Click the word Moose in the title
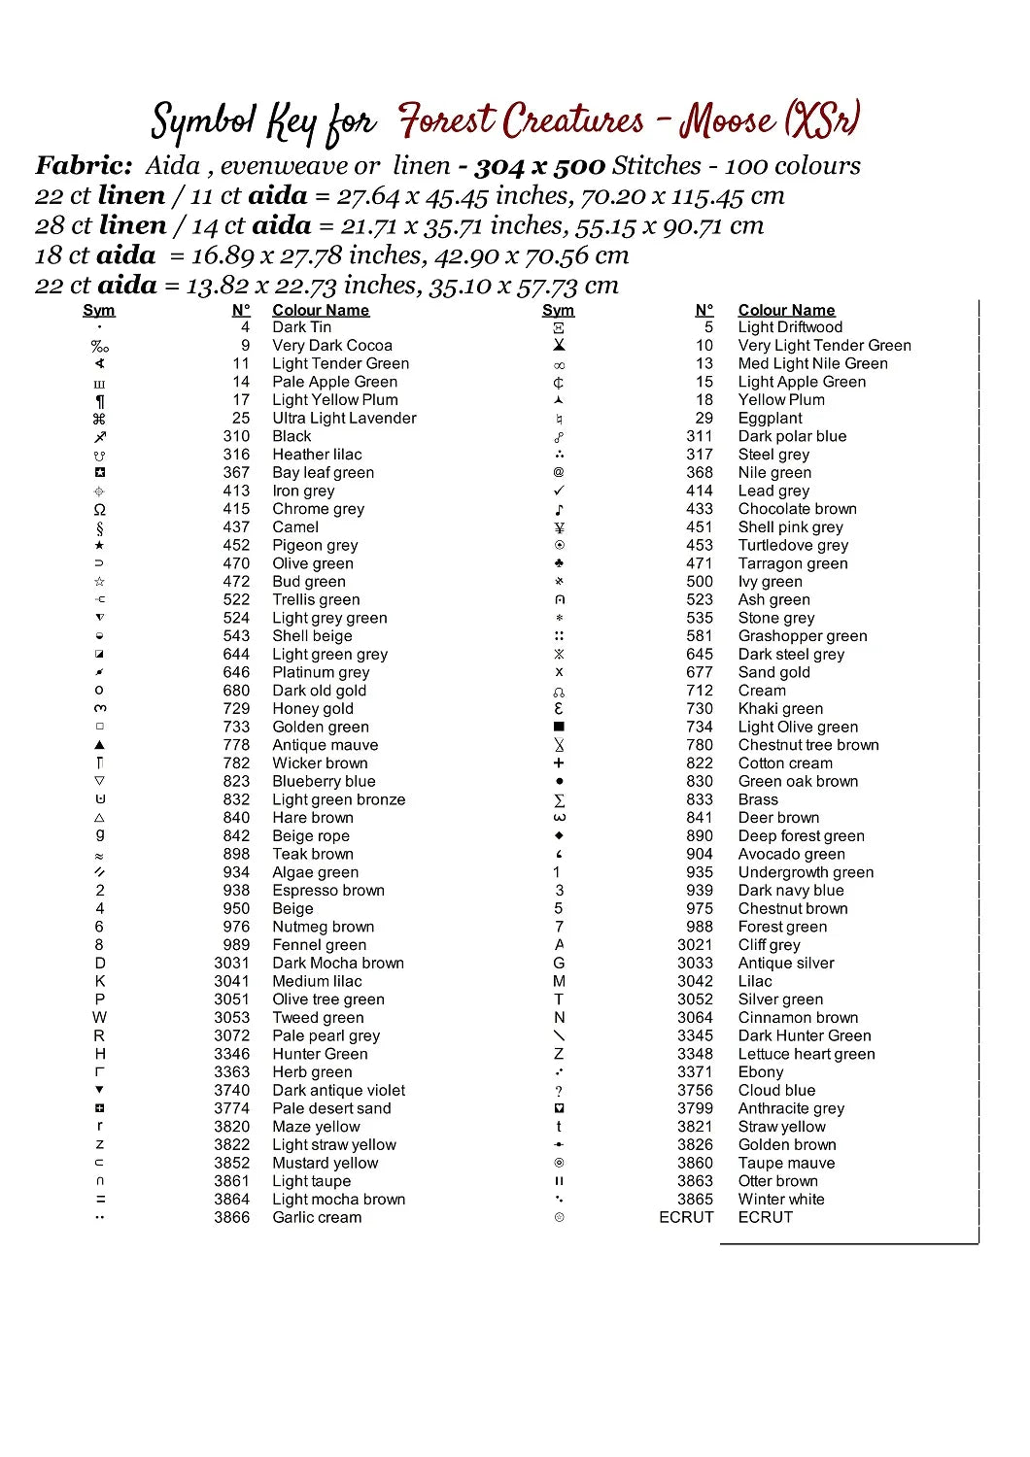pyautogui.click(x=727, y=121)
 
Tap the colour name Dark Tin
pyautogui.click(x=301, y=327)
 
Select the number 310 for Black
pyautogui.click(x=236, y=436)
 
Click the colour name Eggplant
pyautogui.click(x=770, y=418)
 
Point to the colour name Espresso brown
pyautogui.click(x=327, y=891)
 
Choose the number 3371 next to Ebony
pyautogui.click(x=695, y=1072)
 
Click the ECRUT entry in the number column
pyautogui.click(x=686, y=1217)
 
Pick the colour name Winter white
pyautogui.click(x=780, y=1200)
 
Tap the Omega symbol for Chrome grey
pyautogui.click(x=99, y=509)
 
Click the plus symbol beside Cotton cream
pyautogui.click(x=559, y=763)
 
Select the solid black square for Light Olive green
pyautogui.click(x=559, y=727)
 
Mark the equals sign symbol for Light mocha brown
pyautogui.click(x=100, y=1200)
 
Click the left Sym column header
pyautogui.click(x=99, y=310)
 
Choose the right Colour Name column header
pyautogui.click(x=786, y=310)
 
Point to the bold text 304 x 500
pyautogui.click(x=539, y=166)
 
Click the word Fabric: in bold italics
pyautogui.click(x=84, y=166)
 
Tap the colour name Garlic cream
pyautogui.click(x=317, y=1218)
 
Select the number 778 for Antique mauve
pyautogui.click(x=236, y=745)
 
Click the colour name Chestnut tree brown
pyautogui.click(x=807, y=745)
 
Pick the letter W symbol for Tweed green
pyautogui.click(x=99, y=1018)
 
